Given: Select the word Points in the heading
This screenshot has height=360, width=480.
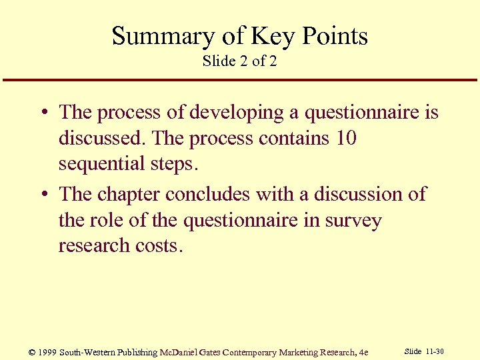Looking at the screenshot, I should [x=335, y=36].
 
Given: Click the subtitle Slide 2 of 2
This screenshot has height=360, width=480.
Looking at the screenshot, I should [x=239, y=61].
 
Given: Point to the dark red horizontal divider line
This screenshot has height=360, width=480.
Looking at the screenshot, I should [x=240, y=81].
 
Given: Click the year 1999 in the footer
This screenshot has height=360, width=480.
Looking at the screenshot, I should [x=46, y=352].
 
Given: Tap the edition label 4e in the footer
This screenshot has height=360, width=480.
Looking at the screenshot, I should [x=363, y=352].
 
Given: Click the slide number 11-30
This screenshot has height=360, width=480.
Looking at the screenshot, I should [x=435, y=351].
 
